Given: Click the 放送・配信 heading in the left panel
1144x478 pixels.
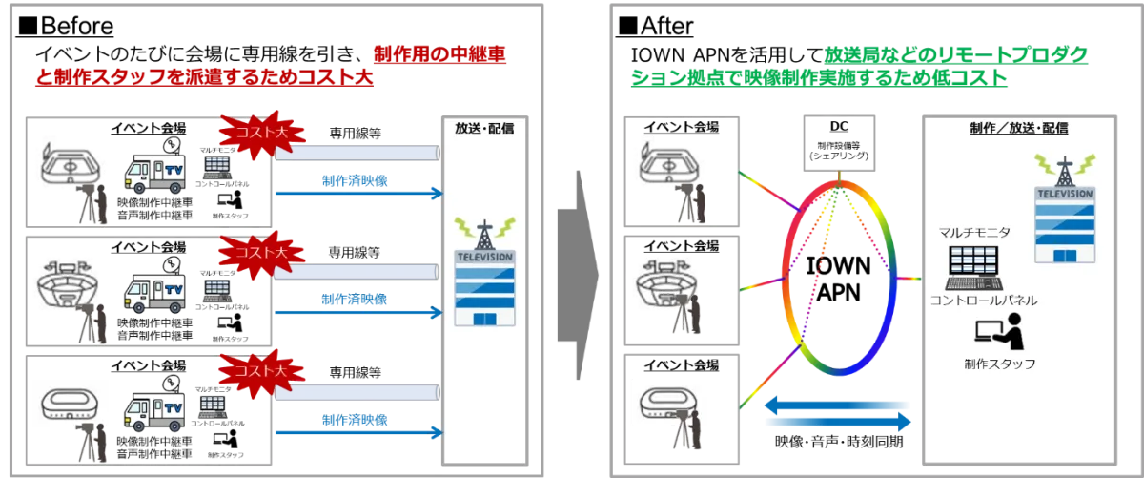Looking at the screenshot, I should (x=486, y=127).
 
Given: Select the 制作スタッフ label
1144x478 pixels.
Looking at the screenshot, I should (x=999, y=364).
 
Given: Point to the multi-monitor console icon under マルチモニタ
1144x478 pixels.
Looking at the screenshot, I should (x=973, y=267).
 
